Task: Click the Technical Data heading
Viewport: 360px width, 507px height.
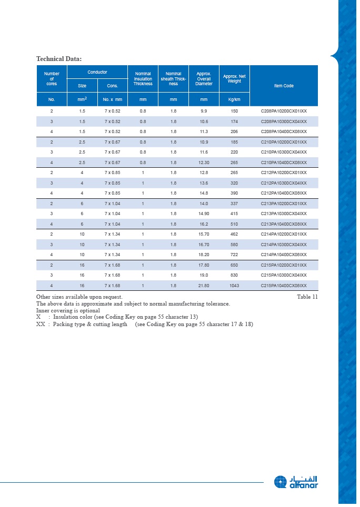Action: (x=58, y=58)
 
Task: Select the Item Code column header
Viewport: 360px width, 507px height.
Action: (x=284, y=86)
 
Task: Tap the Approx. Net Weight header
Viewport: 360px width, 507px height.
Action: (x=234, y=79)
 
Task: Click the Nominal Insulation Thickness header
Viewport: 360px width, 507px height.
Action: (x=143, y=79)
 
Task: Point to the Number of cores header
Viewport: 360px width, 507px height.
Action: (x=52, y=79)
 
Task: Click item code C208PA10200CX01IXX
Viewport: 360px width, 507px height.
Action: (x=284, y=111)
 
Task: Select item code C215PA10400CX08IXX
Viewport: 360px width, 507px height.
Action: (x=284, y=286)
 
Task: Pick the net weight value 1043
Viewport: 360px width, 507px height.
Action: (x=234, y=286)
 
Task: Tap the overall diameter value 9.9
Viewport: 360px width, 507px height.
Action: (x=204, y=111)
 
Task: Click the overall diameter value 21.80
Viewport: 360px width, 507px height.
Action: (x=204, y=286)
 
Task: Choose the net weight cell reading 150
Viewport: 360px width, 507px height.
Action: (x=234, y=111)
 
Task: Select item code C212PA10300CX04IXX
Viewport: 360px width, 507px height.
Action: (x=284, y=183)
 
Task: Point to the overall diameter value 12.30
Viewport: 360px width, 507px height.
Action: (x=204, y=163)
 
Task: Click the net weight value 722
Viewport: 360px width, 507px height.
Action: (x=234, y=255)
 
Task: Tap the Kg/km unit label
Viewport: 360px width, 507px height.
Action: (x=234, y=99)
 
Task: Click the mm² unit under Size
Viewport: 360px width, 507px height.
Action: (x=82, y=99)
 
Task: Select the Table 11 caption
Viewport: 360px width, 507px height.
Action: (x=307, y=297)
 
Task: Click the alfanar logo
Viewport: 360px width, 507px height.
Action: (x=296, y=482)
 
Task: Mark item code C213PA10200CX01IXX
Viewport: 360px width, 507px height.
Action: (x=284, y=204)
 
